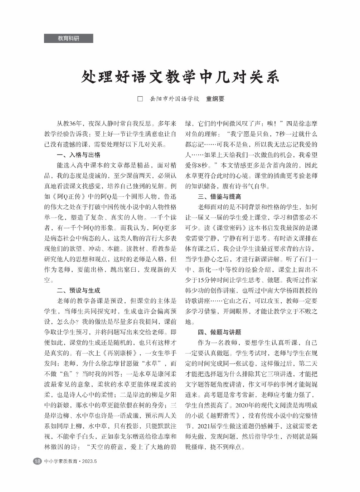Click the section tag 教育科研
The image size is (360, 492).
68,38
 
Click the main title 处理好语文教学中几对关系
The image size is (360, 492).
180,77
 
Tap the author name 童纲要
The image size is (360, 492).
215,99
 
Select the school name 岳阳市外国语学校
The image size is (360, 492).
174,99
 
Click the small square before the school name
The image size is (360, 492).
140,99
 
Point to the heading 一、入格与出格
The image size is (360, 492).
78,155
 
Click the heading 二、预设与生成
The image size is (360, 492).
78,290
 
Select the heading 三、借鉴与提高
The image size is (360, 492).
219,196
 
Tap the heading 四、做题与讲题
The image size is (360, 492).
219,332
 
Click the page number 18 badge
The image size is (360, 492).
37,461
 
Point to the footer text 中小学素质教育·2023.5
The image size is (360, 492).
70,461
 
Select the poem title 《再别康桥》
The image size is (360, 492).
119,353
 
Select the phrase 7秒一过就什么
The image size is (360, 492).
296,134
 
